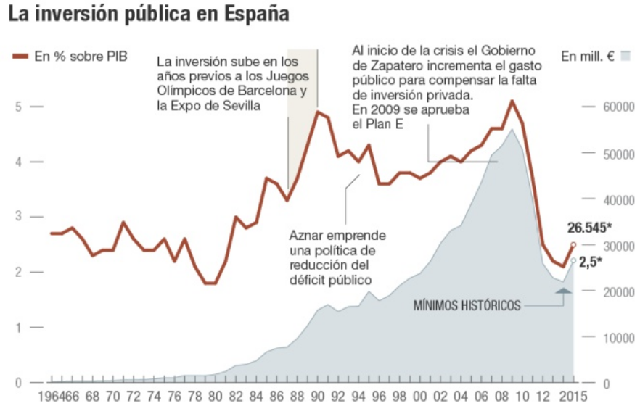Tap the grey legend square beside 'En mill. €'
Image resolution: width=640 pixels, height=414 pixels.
pyautogui.click(x=625, y=56)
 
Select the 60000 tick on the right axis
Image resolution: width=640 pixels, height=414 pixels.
pyautogui.click(x=617, y=107)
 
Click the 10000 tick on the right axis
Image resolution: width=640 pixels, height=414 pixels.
pyautogui.click(x=617, y=337)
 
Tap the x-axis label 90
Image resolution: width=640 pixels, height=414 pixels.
pyautogui.click(x=318, y=397)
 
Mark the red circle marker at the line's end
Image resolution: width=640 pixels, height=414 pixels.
pyautogui.click(x=573, y=245)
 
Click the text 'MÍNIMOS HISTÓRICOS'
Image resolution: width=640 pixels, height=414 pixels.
pyautogui.click(x=467, y=305)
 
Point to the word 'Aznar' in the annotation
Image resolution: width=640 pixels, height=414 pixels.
pyautogui.click(x=305, y=236)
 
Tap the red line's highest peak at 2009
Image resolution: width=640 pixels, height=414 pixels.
pyautogui.click(x=512, y=101)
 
